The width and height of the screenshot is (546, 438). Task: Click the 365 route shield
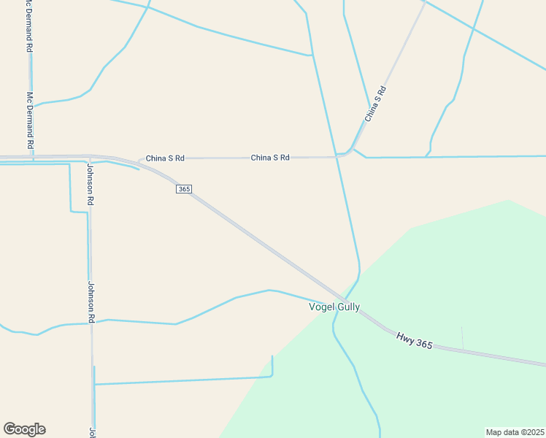pos(184,189)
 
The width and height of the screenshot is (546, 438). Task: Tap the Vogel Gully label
pos(335,307)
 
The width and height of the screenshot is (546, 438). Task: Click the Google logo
pos(24,429)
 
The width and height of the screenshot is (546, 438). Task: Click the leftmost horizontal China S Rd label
pos(165,158)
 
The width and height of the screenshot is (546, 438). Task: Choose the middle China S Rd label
pos(270,158)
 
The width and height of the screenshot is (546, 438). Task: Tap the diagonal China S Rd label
pos(375,104)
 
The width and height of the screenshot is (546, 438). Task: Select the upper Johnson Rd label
pos(91,183)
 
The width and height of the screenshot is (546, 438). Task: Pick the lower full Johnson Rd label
pos(92,302)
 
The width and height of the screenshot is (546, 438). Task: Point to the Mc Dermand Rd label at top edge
pos(28,26)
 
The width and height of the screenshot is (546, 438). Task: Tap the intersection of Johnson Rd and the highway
pos(90,157)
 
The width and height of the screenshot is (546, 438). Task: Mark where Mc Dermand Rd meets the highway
pos(31,156)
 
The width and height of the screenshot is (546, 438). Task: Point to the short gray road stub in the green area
pos(462,338)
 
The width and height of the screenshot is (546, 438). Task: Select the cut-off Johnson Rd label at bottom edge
pos(93,432)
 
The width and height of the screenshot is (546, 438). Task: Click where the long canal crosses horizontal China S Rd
pos(337,156)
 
